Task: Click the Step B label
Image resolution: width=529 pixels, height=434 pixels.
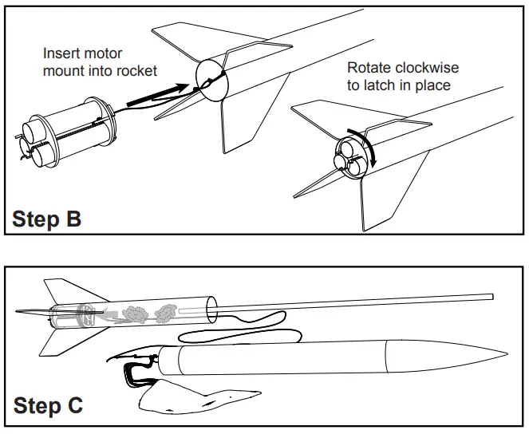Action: [x=47, y=219]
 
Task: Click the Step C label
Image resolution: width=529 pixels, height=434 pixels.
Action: [x=48, y=406]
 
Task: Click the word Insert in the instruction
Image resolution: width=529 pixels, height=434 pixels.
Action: [x=61, y=54]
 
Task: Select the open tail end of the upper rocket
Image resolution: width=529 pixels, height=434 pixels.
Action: [x=211, y=79]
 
